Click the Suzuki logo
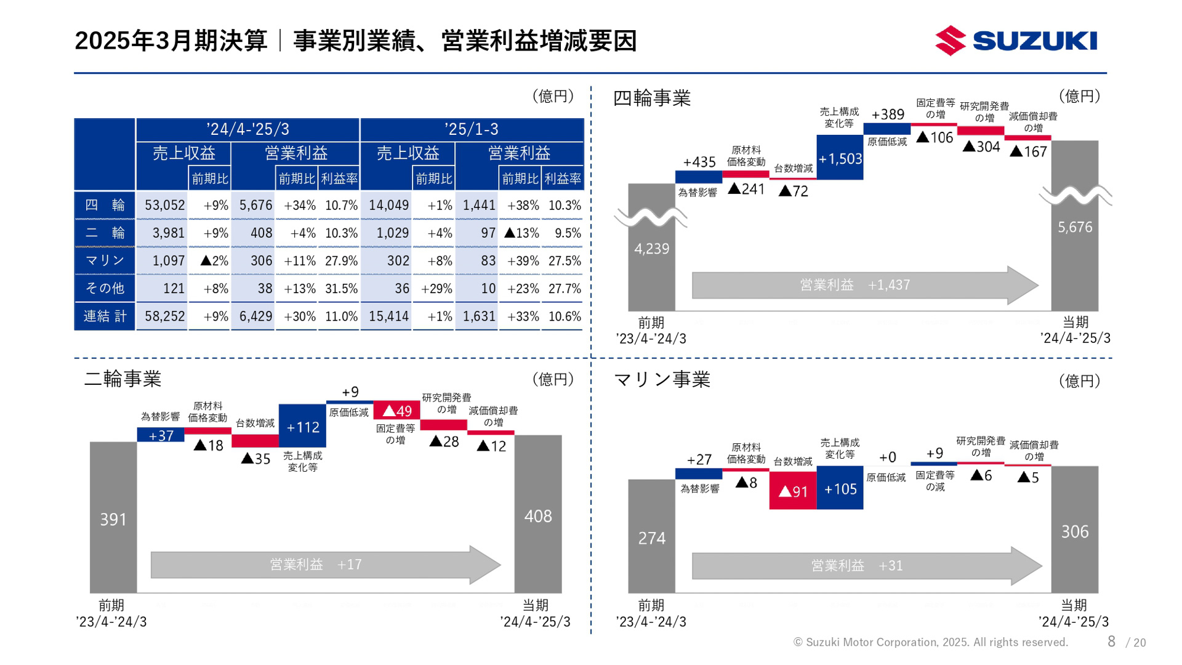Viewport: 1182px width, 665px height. tap(1016, 41)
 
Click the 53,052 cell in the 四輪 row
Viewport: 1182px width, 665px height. tap(164, 205)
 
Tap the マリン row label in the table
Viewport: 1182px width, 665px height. tap(105, 260)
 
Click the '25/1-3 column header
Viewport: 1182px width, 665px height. tap(472, 129)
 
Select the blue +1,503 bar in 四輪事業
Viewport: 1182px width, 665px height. tap(840, 158)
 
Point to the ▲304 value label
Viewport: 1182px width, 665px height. tap(981, 147)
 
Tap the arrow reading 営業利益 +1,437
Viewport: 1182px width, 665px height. tap(862, 285)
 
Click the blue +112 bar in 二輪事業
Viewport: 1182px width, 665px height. tap(302, 426)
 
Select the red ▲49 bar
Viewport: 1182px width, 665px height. tap(397, 410)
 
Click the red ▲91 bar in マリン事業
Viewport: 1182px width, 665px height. tap(793, 491)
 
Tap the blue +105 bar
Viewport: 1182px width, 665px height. tap(840, 488)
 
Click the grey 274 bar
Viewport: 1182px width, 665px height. tap(651, 537)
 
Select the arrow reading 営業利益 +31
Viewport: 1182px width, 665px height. tap(862, 565)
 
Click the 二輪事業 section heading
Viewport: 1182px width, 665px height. tap(123, 379)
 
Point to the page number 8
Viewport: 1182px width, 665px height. tap(1111, 642)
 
